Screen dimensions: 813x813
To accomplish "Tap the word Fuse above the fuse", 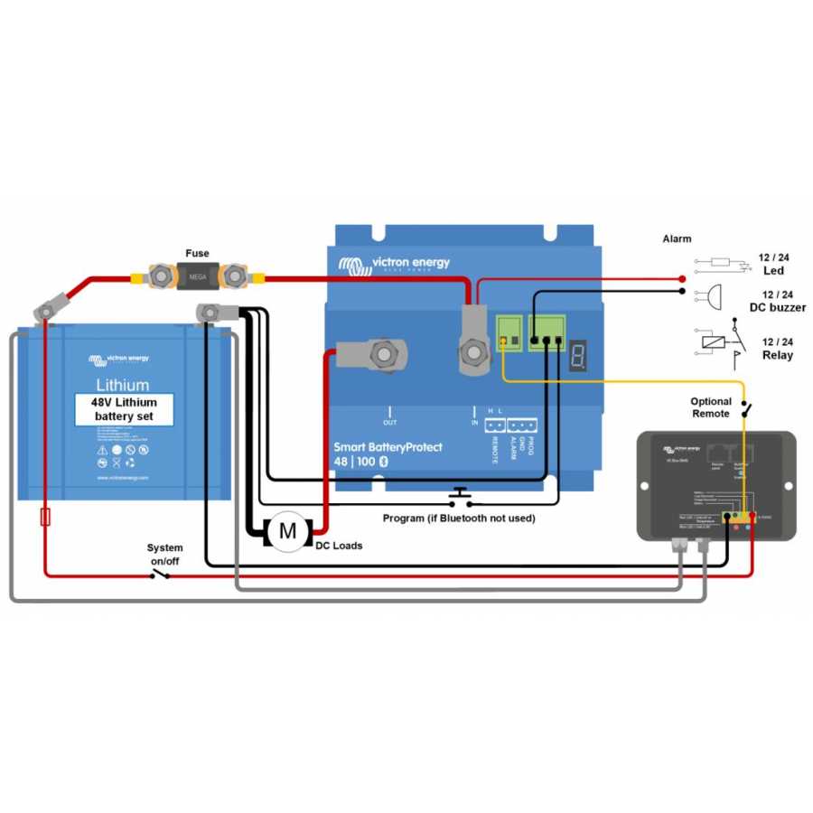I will pos(198,254).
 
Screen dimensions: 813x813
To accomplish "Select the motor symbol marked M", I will pos(287,531).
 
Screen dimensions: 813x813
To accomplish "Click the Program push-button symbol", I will pos(460,496).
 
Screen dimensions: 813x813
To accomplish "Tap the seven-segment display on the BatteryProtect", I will pos(579,358).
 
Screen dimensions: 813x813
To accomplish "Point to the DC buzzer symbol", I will pos(713,295).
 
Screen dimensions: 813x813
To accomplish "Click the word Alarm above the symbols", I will pos(677,239).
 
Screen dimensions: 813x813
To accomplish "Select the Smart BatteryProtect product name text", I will pos(388,447).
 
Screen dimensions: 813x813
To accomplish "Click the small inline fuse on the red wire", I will pos(45,518).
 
